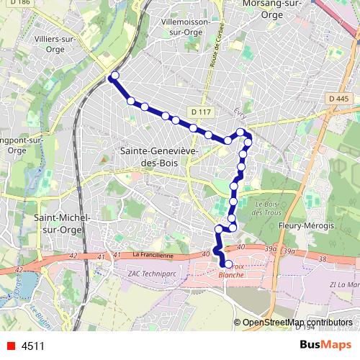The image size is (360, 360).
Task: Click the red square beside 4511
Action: click(9, 346)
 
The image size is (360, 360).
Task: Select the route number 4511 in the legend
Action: click(33, 346)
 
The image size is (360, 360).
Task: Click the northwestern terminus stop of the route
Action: click(113, 76)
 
